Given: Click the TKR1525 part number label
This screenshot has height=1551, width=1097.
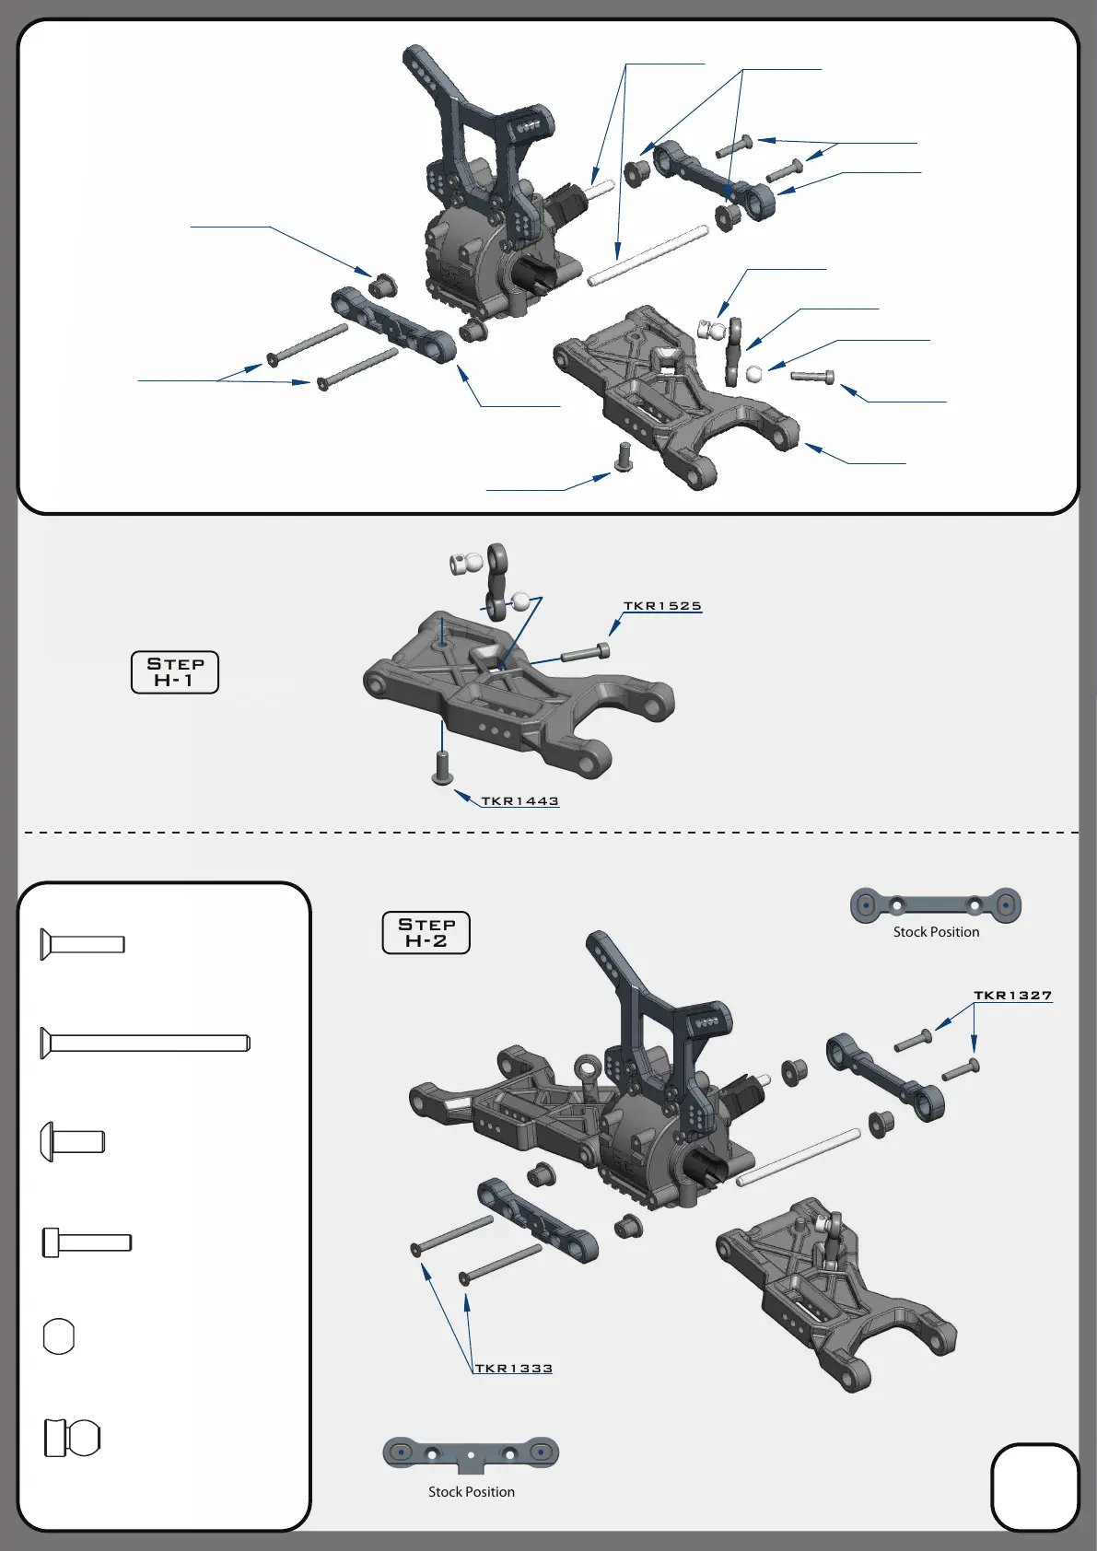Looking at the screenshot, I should pos(662,606).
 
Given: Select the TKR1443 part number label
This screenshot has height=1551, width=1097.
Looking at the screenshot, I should pos(519,801).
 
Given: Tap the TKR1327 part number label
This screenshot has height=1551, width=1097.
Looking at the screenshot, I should pos(1012,996).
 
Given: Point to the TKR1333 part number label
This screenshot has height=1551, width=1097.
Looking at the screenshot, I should pos(513,1369).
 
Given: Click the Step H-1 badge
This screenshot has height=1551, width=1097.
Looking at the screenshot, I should pos(175,672).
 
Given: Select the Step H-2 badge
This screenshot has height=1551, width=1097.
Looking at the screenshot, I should pos(426,933).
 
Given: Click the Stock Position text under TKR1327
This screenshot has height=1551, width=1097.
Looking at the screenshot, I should pos(936,932).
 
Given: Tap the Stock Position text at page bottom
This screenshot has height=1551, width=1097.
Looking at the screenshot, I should pos(471,1492).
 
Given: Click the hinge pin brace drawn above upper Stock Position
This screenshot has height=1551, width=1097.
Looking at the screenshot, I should pos(936,905).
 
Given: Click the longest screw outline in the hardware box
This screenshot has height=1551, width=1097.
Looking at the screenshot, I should pos(146,1044).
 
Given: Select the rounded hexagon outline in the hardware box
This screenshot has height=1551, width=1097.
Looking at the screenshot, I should pos(59,1336).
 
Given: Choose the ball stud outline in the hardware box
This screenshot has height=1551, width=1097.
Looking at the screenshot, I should pos(73,1438).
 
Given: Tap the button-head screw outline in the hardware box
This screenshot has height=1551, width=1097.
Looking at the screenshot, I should pos(73,1142).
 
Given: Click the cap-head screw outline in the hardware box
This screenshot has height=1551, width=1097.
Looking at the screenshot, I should pos(88,1242).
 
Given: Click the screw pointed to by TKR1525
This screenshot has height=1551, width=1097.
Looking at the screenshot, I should pos(585,654).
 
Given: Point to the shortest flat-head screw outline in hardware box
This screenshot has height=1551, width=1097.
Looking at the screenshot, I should pos(83,945).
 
